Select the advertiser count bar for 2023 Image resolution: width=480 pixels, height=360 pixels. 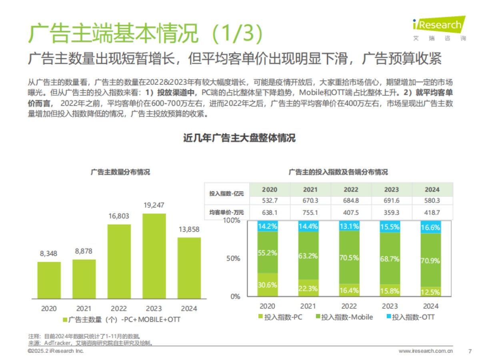click(x=154, y=256)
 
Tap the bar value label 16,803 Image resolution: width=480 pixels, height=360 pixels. click(x=119, y=216)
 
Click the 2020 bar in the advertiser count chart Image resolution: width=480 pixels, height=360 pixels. click(x=49, y=280)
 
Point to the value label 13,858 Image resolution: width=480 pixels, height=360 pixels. click(x=189, y=229)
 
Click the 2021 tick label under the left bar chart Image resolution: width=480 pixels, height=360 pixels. click(x=84, y=308)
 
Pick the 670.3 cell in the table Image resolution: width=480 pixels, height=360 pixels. click(x=310, y=200)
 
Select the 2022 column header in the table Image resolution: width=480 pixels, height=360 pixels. click(x=351, y=190)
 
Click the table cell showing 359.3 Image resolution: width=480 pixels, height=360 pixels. click(x=392, y=212)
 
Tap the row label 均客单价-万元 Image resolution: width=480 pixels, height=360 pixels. click(x=226, y=212)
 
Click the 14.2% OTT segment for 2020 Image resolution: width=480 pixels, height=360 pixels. click(x=268, y=226)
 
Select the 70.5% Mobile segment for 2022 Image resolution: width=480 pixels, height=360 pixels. click(x=349, y=258)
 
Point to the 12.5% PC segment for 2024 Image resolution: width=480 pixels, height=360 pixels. click(x=430, y=292)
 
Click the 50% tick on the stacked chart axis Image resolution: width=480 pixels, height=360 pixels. click(x=234, y=258)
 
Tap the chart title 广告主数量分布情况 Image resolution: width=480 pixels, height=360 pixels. click(x=120, y=172)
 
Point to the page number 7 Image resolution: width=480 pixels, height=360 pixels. click(x=470, y=351)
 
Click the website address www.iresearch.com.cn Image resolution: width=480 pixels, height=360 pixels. click(x=426, y=351)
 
